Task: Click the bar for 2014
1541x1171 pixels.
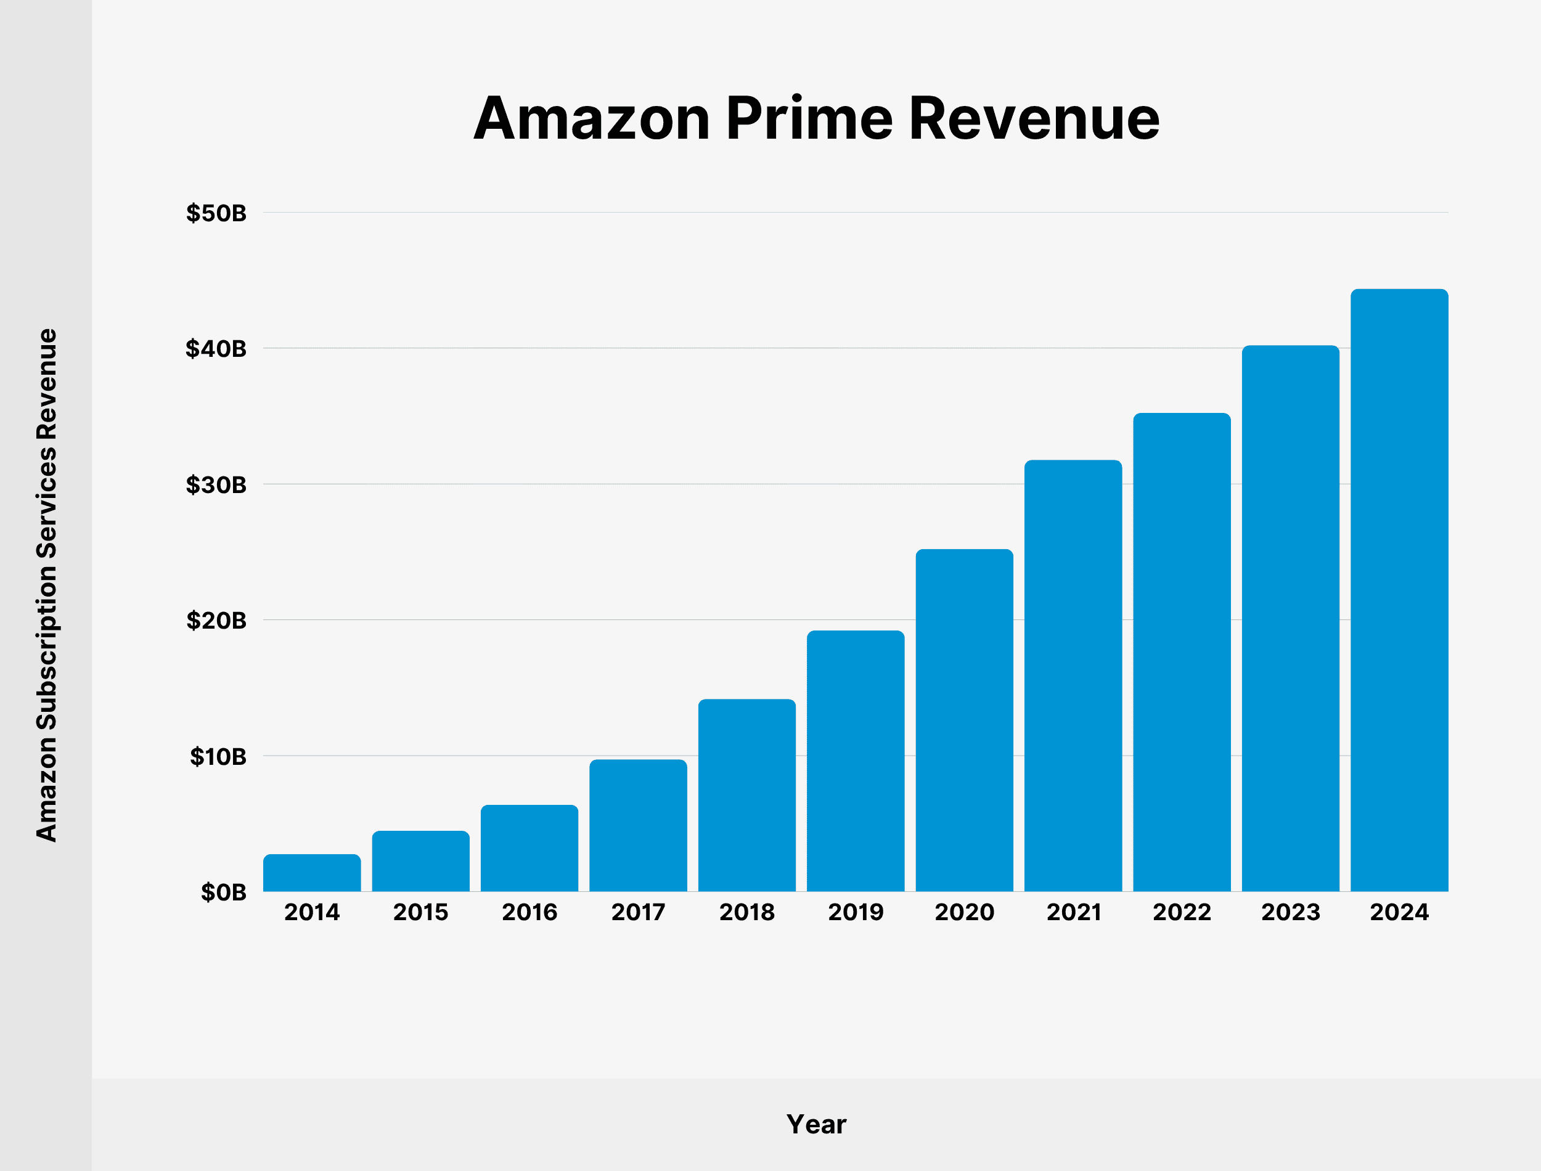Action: (x=311, y=873)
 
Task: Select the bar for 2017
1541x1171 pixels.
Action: (x=638, y=825)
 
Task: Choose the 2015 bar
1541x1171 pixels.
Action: (x=420, y=861)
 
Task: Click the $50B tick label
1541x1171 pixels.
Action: (x=216, y=213)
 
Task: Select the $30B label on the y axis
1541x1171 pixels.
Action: (x=216, y=484)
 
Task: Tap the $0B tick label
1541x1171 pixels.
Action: (x=223, y=892)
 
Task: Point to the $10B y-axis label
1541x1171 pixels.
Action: (x=218, y=756)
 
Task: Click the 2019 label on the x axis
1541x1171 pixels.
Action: (x=855, y=912)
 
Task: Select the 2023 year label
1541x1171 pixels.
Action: (x=1290, y=912)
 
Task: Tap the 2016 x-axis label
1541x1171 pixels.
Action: (x=529, y=912)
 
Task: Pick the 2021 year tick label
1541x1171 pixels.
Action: (x=1073, y=912)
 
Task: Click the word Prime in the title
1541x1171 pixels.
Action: (x=809, y=118)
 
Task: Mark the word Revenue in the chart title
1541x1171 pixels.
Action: (x=1034, y=118)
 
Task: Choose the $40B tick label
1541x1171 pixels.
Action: (x=216, y=348)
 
